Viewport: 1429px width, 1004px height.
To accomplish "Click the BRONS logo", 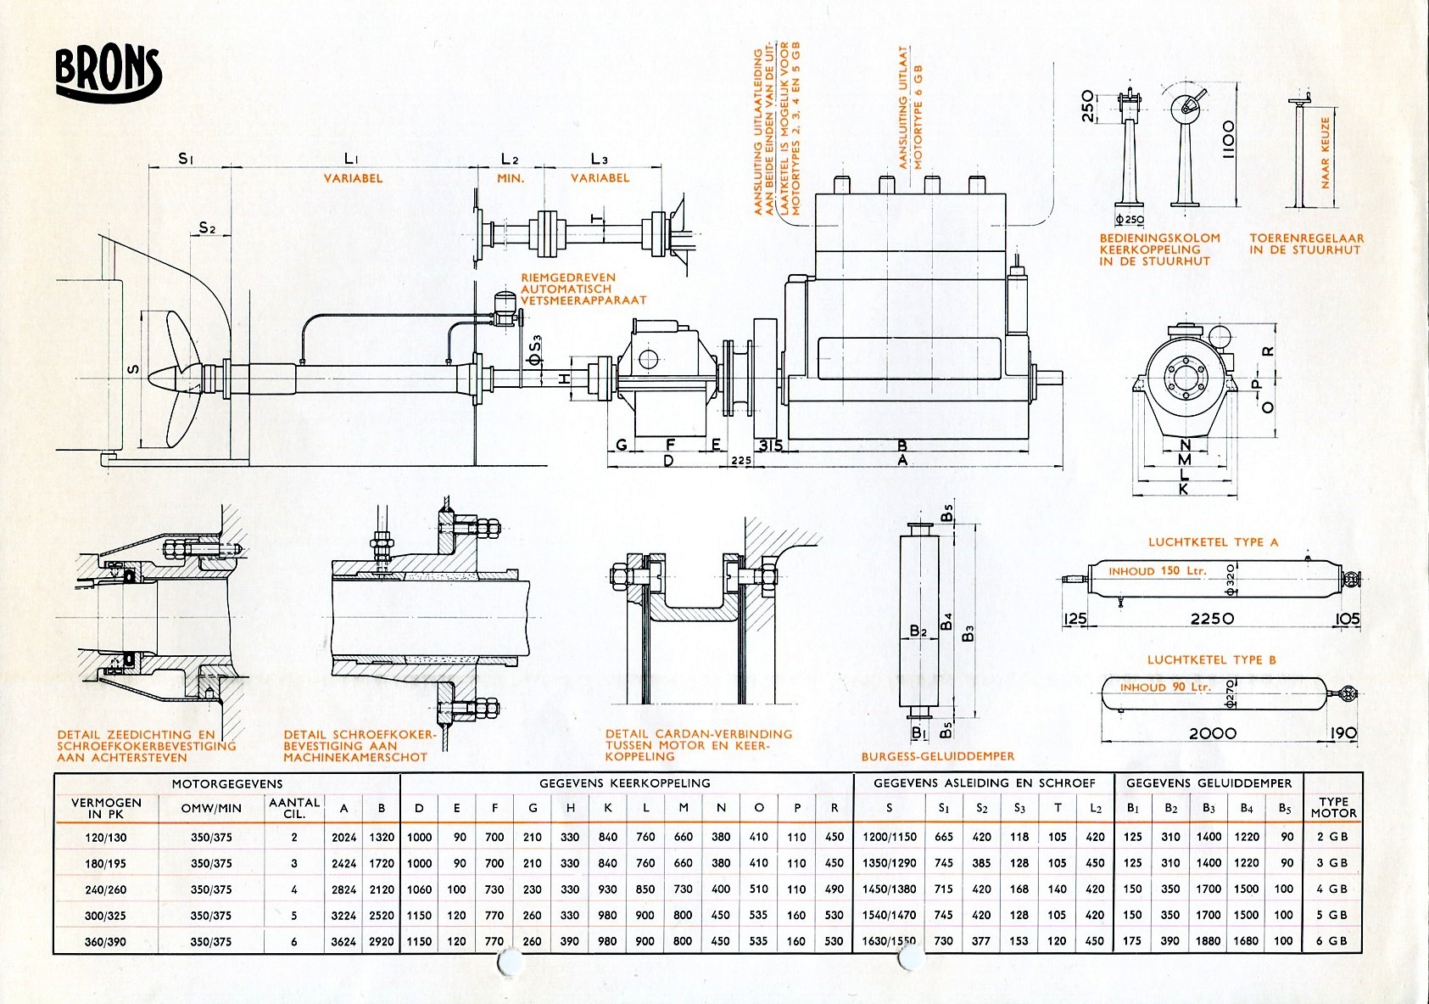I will tap(108, 71).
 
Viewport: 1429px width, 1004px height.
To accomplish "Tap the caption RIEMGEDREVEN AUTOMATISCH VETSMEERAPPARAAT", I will tap(583, 289).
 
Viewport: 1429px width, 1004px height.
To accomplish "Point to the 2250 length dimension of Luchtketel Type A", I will tap(1212, 619).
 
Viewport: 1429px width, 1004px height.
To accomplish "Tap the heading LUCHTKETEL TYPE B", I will tap(1211, 659).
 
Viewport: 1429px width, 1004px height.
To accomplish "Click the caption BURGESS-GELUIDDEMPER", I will tap(937, 756).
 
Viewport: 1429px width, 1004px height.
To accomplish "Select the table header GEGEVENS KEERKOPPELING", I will tap(625, 782).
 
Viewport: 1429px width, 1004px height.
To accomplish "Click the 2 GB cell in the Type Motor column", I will tap(1332, 837).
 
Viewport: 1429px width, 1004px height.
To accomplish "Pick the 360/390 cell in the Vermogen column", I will tap(106, 941).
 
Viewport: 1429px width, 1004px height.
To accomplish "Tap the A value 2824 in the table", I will tap(343, 889).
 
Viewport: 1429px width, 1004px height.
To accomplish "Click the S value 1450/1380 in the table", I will tap(889, 889).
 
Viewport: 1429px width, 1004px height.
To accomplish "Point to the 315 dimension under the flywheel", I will tap(770, 446).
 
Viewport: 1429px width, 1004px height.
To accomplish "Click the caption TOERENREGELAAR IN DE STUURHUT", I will tap(1306, 244).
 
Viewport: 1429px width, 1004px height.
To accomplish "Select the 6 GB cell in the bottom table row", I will tap(1332, 941).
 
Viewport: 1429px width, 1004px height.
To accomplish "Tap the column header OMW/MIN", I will tap(211, 808).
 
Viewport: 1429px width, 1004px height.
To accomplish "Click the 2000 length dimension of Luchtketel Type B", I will tap(1212, 733).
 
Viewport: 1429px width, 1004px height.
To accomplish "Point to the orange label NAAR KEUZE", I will tap(1326, 153).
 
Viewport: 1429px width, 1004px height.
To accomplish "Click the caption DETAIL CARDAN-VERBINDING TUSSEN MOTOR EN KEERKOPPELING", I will tap(698, 745).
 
